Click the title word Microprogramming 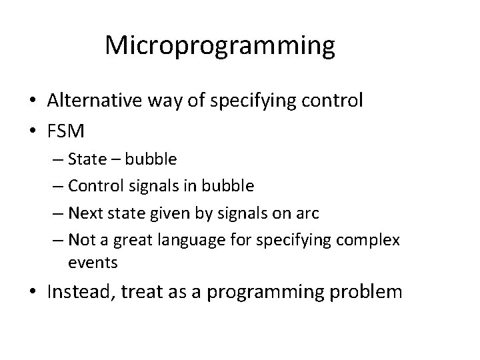(219, 45)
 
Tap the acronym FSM (66, 131)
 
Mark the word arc (307, 214)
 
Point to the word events (93, 263)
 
